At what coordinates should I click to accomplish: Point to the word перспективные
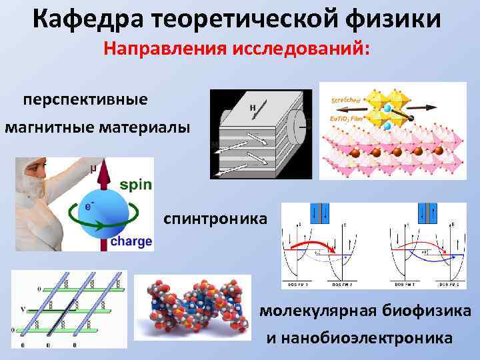coord(85,100)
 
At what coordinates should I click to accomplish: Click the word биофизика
coord(427,311)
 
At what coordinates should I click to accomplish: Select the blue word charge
coord(131,241)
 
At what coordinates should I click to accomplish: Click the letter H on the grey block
coord(253,107)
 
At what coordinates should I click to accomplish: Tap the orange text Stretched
coord(347,99)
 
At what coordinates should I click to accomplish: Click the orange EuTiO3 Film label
coord(348,118)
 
